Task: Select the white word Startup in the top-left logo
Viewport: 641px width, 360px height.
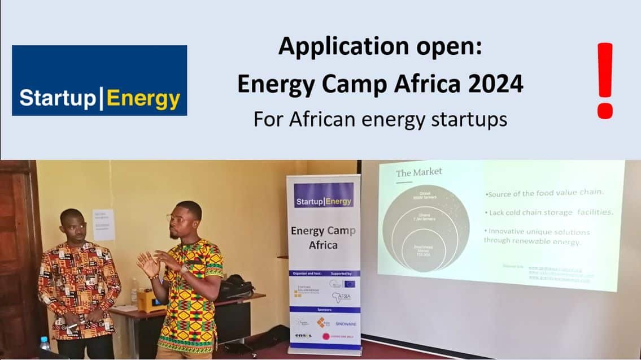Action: click(x=57, y=98)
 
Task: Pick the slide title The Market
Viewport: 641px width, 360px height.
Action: click(x=419, y=172)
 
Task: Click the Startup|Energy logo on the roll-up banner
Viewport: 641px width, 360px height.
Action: click(x=324, y=201)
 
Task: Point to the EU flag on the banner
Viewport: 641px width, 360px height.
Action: click(x=349, y=283)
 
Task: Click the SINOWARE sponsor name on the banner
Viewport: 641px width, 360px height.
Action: click(x=345, y=324)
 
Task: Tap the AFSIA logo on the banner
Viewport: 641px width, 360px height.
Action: click(x=341, y=296)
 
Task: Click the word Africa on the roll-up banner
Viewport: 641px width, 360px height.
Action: click(x=323, y=245)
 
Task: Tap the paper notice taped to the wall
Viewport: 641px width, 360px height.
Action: click(x=103, y=224)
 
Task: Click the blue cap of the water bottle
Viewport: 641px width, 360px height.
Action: click(x=43, y=339)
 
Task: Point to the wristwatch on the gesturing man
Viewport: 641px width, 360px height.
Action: click(x=184, y=268)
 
